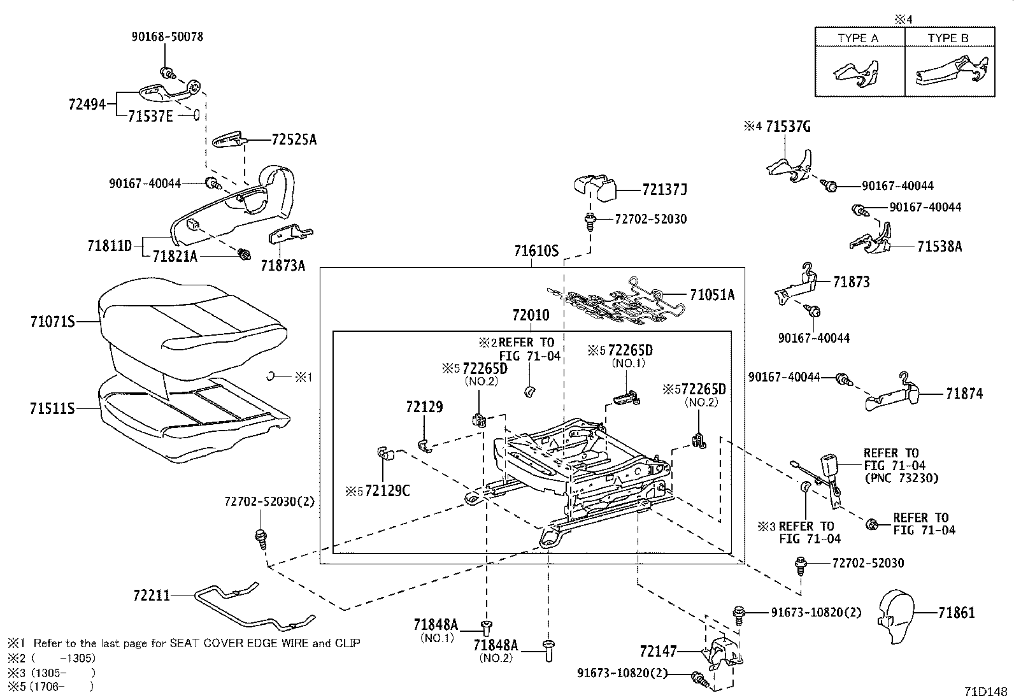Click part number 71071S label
click(52, 322)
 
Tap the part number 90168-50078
click(168, 37)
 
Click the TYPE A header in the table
click(858, 38)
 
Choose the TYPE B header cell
click(948, 38)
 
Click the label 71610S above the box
click(536, 252)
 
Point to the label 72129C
click(387, 491)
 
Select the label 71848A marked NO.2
click(497, 647)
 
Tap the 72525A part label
click(294, 139)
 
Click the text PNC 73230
click(901, 478)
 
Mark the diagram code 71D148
click(987, 691)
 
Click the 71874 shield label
click(964, 394)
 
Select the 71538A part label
click(939, 246)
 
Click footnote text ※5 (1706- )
click(51, 686)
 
